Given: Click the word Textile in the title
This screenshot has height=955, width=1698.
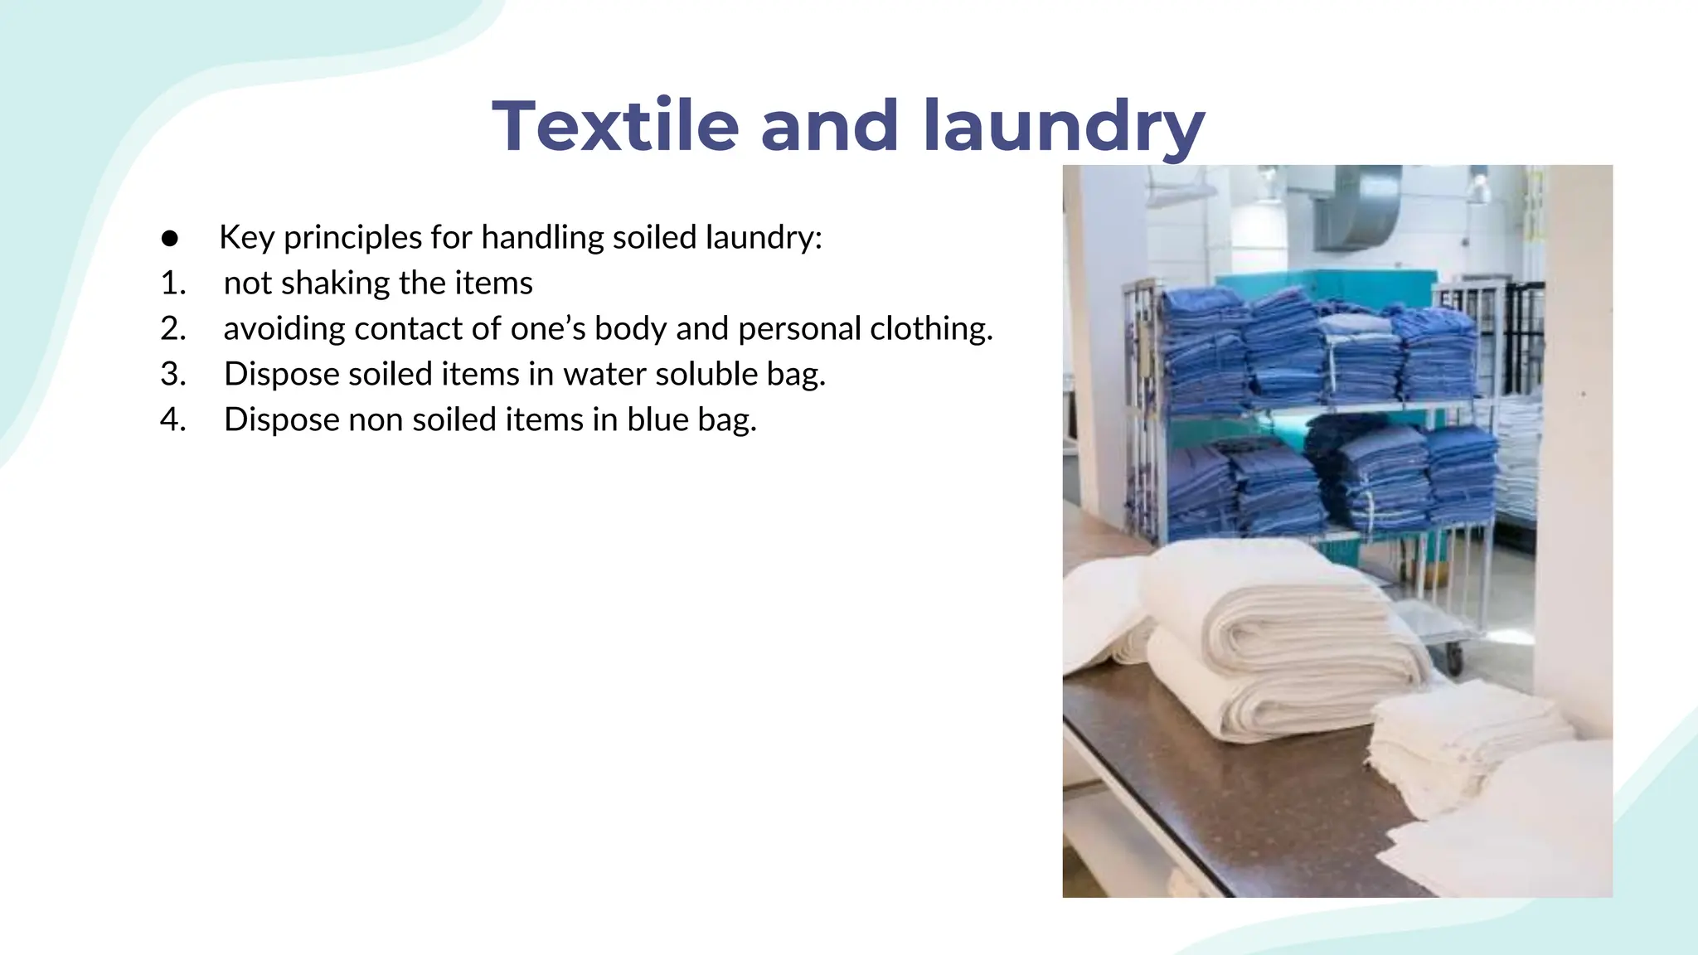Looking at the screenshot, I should (615, 127).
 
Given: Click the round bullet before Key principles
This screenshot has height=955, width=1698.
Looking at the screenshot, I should (170, 239).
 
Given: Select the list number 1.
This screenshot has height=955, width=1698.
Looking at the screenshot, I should (172, 284).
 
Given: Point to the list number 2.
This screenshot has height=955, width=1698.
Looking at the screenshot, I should (172, 329).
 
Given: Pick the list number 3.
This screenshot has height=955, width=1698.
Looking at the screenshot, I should (172, 375).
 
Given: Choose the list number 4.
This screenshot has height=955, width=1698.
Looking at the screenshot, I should (172, 420).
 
